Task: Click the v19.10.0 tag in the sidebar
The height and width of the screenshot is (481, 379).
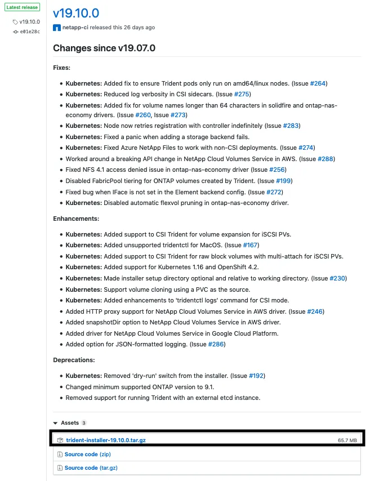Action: [29, 22]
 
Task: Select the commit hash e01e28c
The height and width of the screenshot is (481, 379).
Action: [29, 32]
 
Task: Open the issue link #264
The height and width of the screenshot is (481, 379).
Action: [318, 83]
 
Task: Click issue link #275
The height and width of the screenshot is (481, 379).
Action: [242, 94]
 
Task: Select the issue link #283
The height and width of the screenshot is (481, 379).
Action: [291, 126]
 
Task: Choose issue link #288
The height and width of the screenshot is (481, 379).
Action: [326, 159]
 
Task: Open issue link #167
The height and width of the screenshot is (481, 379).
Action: [249, 245]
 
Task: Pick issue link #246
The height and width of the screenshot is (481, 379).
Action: [315, 311]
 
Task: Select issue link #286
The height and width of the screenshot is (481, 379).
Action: [216, 344]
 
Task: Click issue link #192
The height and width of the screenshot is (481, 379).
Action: [256, 376]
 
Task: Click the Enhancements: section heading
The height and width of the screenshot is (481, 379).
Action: [76, 218]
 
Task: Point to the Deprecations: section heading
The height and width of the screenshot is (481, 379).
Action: [74, 360]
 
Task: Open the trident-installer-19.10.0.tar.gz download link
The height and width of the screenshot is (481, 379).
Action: [106, 440]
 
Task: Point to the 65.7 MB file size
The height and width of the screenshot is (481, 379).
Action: [347, 440]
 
